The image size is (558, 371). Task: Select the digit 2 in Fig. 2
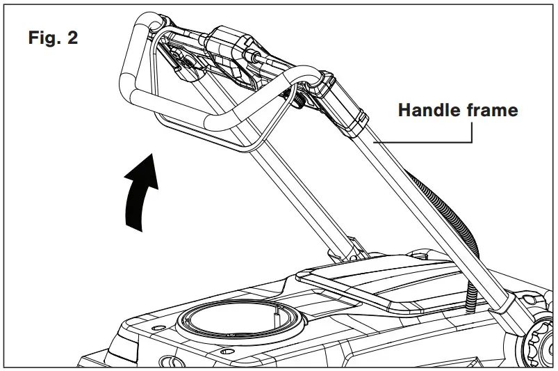click(x=72, y=38)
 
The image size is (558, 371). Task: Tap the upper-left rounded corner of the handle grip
click(x=136, y=25)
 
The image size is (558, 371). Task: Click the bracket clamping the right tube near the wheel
click(x=518, y=306)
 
